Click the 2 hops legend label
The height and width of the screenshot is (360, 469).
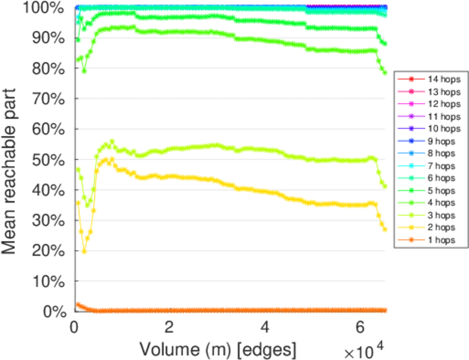pos(441,227)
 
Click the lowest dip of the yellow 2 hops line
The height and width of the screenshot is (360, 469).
pos(84,251)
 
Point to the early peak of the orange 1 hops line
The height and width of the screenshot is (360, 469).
pos(77,304)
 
